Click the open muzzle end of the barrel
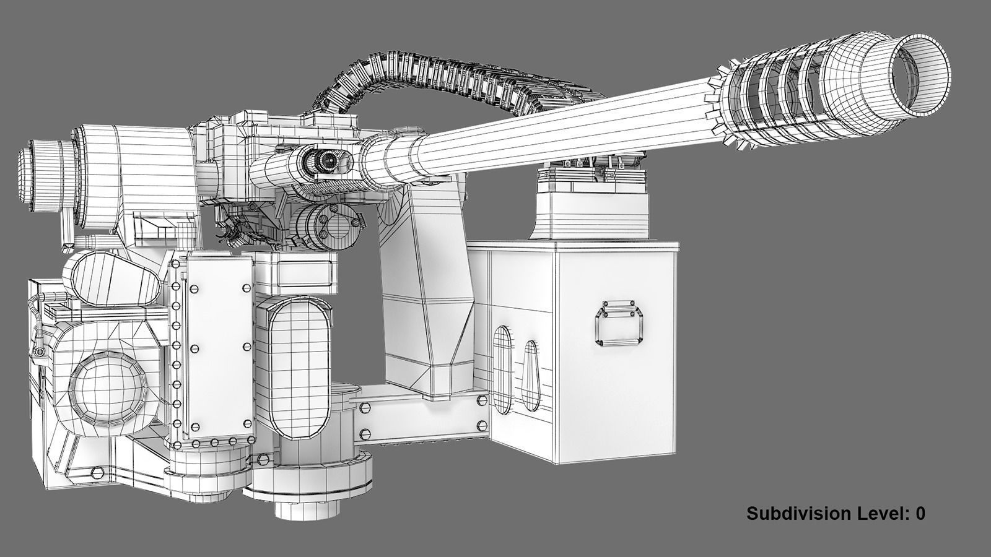pyautogui.click(x=922, y=74)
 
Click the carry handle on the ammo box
pyautogui.click(x=620, y=322)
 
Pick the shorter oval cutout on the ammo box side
pyautogui.click(x=531, y=374)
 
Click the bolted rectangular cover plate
pyautogui.click(x=217, y=347)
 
